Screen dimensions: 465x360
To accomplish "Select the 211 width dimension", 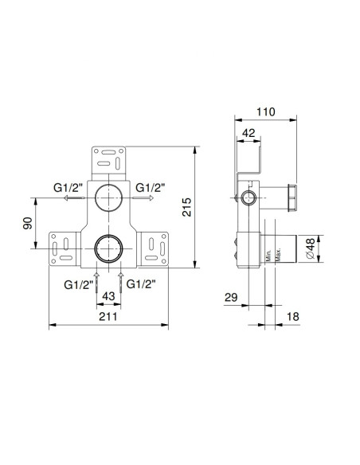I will [x=108, y=317].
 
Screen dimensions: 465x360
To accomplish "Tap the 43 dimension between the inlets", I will [x=108, y=296].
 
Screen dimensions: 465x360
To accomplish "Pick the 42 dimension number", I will [x=248, y=134].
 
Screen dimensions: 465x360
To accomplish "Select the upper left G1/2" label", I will [x=69, y=188].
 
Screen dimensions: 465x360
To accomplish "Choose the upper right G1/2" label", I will [x=150, y=188].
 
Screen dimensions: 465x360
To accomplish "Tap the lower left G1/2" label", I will [x=78, y=283].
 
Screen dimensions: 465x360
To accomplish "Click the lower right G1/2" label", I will [x=140, y=283].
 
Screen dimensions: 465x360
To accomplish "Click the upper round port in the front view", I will [x=107, y=195].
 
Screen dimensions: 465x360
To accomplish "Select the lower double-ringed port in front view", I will [x=107, y=249].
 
